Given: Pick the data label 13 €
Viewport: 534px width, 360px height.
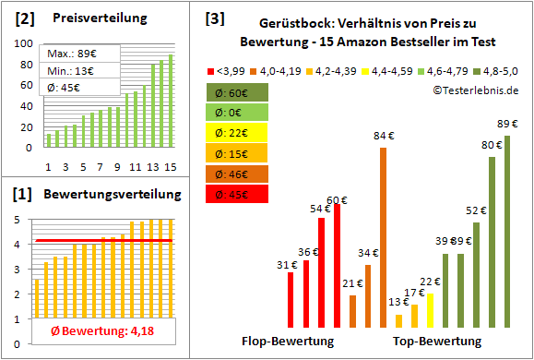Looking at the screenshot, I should coord(398,302).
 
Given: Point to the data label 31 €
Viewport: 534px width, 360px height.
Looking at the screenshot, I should coord(287,265).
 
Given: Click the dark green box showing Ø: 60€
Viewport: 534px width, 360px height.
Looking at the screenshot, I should coord(236,92).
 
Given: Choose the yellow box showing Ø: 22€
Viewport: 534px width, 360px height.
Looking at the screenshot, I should coord(236,133).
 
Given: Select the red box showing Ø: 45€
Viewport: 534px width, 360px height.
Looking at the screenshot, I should coord(236,194).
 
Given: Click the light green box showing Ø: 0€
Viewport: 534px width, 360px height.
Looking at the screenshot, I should coord(236,113).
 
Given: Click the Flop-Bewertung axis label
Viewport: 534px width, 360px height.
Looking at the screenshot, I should coord(288,342).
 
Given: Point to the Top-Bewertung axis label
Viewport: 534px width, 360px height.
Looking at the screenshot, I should coord(437,342).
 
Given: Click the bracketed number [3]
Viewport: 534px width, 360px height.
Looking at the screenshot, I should coord(214,18).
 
